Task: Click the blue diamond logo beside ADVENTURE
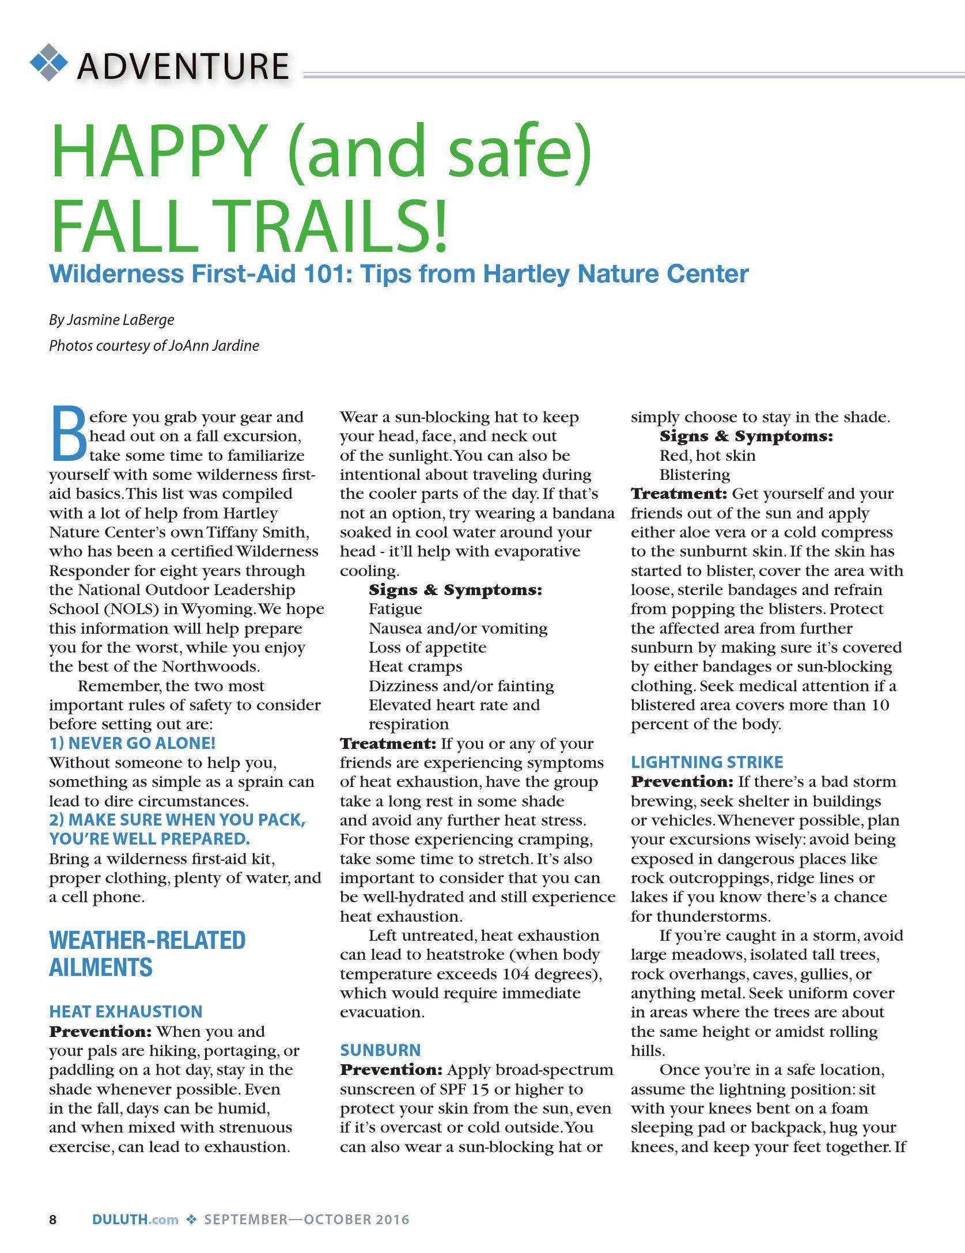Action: click(x=48, y=62)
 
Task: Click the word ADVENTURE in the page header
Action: click(x=183, y=66)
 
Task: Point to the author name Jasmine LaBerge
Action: click(x=120, y=320)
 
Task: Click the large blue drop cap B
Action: click(x=69, y=434)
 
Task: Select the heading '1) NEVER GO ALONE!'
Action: click(x=133, y=743)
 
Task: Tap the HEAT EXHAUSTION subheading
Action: click(x=126, y=1012)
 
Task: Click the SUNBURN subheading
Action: click(x=380, y=1050)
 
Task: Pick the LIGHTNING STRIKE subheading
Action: click(x=707, y=762)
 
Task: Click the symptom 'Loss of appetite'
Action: click(x=427, y=648)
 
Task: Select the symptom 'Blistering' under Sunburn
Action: click(x=695, y=475)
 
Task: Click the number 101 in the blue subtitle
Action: click(x=324, y=274)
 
